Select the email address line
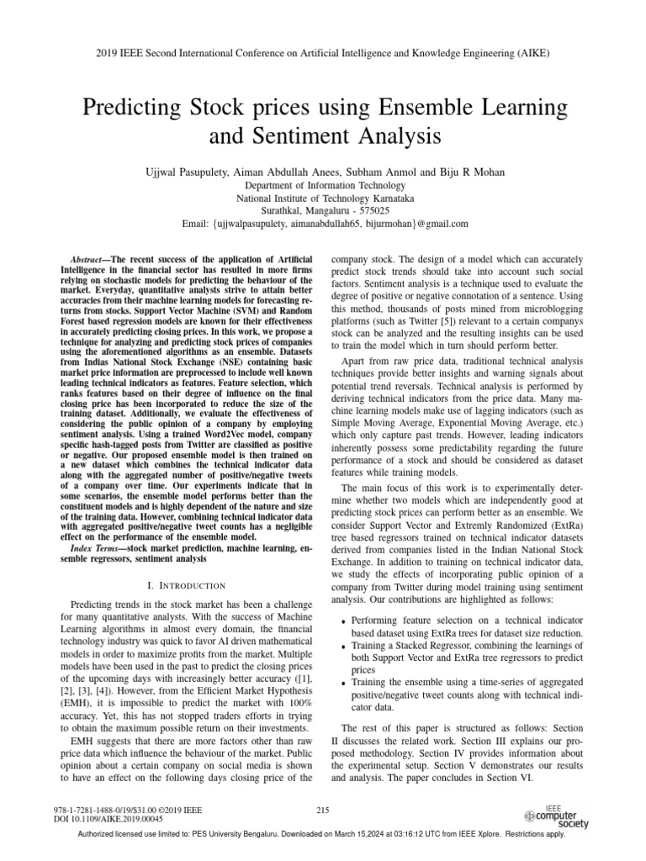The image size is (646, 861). (x=322, y=225)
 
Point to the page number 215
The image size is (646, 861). (x=322, y=810)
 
